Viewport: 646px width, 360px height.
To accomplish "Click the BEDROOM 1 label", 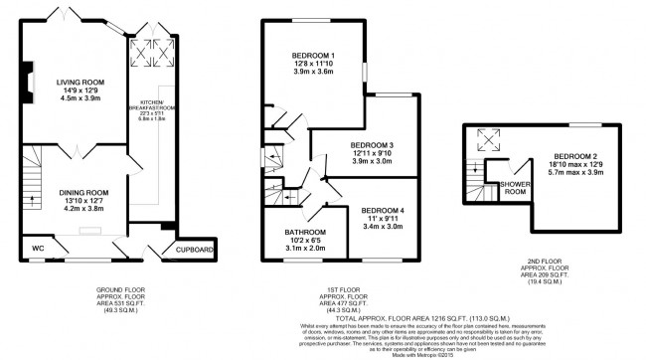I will point(312,56).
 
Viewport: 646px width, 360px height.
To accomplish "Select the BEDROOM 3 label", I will point(372,146).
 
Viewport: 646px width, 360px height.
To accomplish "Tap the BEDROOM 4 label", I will point(384,211).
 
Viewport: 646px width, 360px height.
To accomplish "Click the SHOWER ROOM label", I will point(514,188).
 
